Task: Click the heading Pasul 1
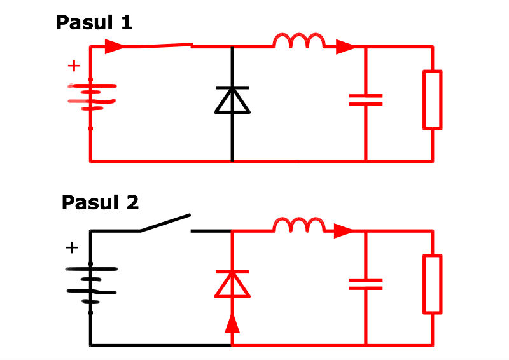pos(94,23)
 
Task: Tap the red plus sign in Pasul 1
pos(74,66)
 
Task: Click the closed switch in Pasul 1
pos(159,46)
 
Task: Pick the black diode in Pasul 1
pos(232,100)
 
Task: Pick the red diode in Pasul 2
pos(232,284)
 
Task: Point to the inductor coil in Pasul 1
pos(298,42)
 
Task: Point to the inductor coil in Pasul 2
pos(298,226)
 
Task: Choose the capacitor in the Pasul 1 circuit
pos(366,99)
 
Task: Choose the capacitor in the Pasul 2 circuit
pos(366,284)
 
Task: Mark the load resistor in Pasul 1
pos(433,99)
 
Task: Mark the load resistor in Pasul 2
pos(433,284)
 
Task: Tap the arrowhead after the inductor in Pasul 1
pos(345,46)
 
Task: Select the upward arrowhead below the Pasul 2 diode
pos(232,324)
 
